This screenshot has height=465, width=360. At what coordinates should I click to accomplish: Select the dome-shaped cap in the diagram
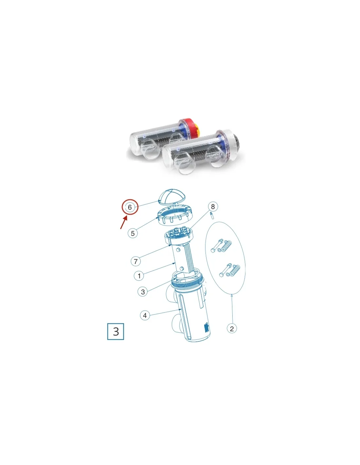point(172,196)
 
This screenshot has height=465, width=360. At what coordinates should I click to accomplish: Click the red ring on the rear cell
point(187,128)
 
